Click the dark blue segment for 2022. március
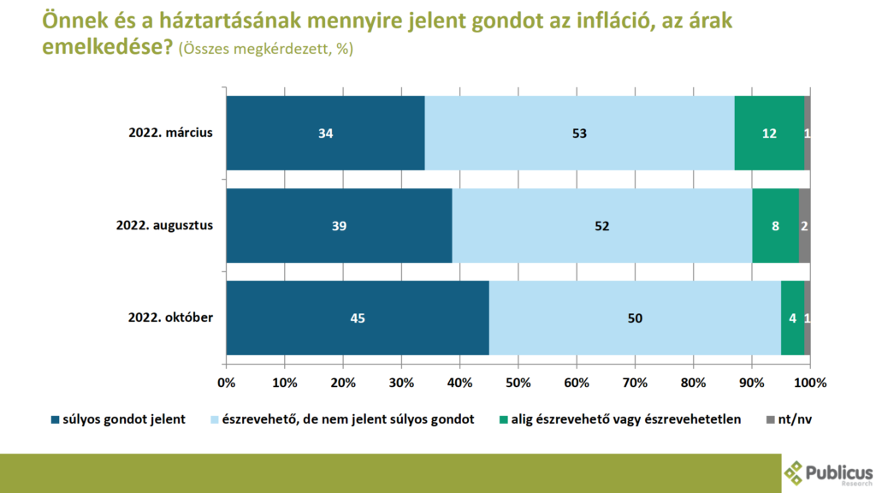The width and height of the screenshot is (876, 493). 325,133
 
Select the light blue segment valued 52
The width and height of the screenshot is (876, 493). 602,225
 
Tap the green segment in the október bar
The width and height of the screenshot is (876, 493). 792,318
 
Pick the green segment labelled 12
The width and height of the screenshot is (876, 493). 769,133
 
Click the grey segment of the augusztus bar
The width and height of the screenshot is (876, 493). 805,225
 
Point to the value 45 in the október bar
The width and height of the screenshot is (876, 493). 358,318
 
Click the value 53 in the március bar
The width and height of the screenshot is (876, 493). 580,134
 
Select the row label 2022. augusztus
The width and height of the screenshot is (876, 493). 164,225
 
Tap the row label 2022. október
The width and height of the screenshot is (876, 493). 170,318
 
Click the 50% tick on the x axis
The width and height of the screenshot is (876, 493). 518,381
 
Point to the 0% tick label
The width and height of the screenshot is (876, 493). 227,381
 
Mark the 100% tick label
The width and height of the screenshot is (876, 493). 809,381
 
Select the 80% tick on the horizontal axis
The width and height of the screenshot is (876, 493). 694,381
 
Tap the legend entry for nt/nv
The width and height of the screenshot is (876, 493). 786,420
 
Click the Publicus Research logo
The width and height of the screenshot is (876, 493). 827,472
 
